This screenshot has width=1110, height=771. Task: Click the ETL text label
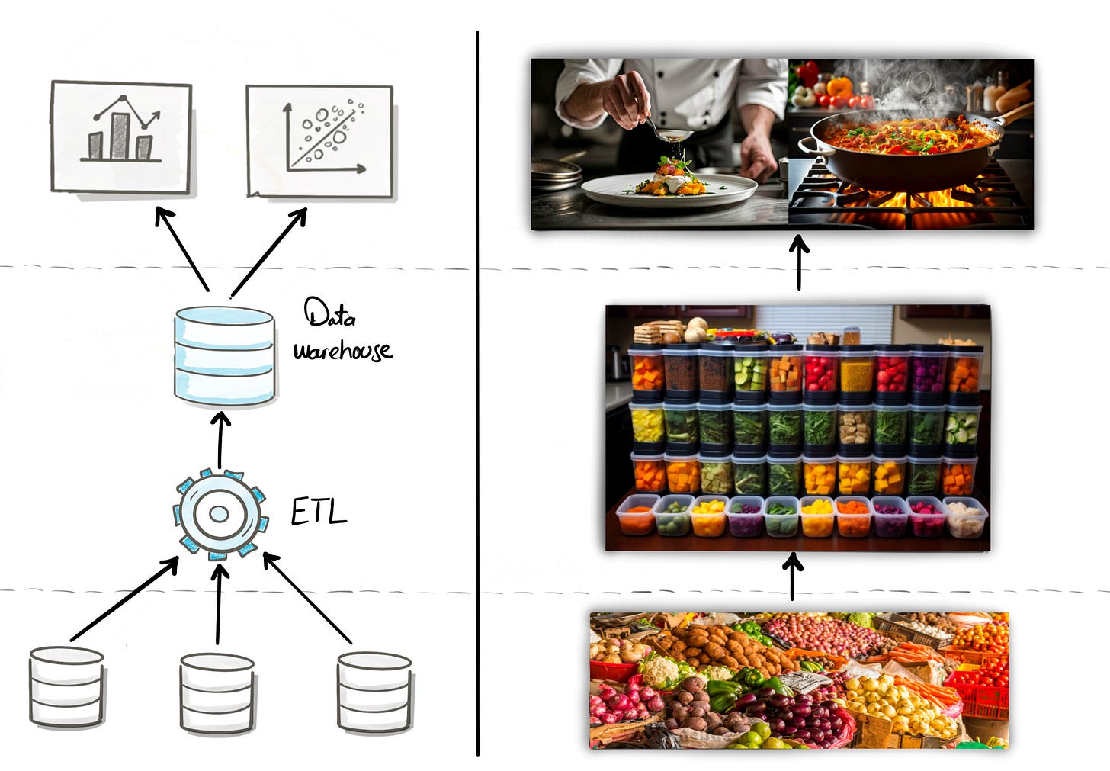(x=319, y=512)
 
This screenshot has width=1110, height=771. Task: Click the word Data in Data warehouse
(x=329, y=313)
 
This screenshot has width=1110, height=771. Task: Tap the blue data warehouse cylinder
(x=224, y=355)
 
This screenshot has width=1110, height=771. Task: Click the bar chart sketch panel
(x=121, y=137)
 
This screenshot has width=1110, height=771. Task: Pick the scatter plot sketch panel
(x=319, y=141)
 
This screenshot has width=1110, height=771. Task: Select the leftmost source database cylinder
(x=66, y=687)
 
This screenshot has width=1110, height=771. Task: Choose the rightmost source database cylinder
(x=374, y=692)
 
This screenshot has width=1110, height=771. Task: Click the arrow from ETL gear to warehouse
(x=220, y=441)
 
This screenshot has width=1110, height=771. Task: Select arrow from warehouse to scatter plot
(x=269, y=251)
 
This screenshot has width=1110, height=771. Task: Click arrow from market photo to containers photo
(x=793, y=577)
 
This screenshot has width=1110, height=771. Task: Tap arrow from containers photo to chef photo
(x=799, y=262)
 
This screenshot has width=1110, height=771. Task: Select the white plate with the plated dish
(x=669, y=189)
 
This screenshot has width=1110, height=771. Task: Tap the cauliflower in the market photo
(x=659, y=670)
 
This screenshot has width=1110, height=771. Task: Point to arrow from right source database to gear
(x=306, y=599)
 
